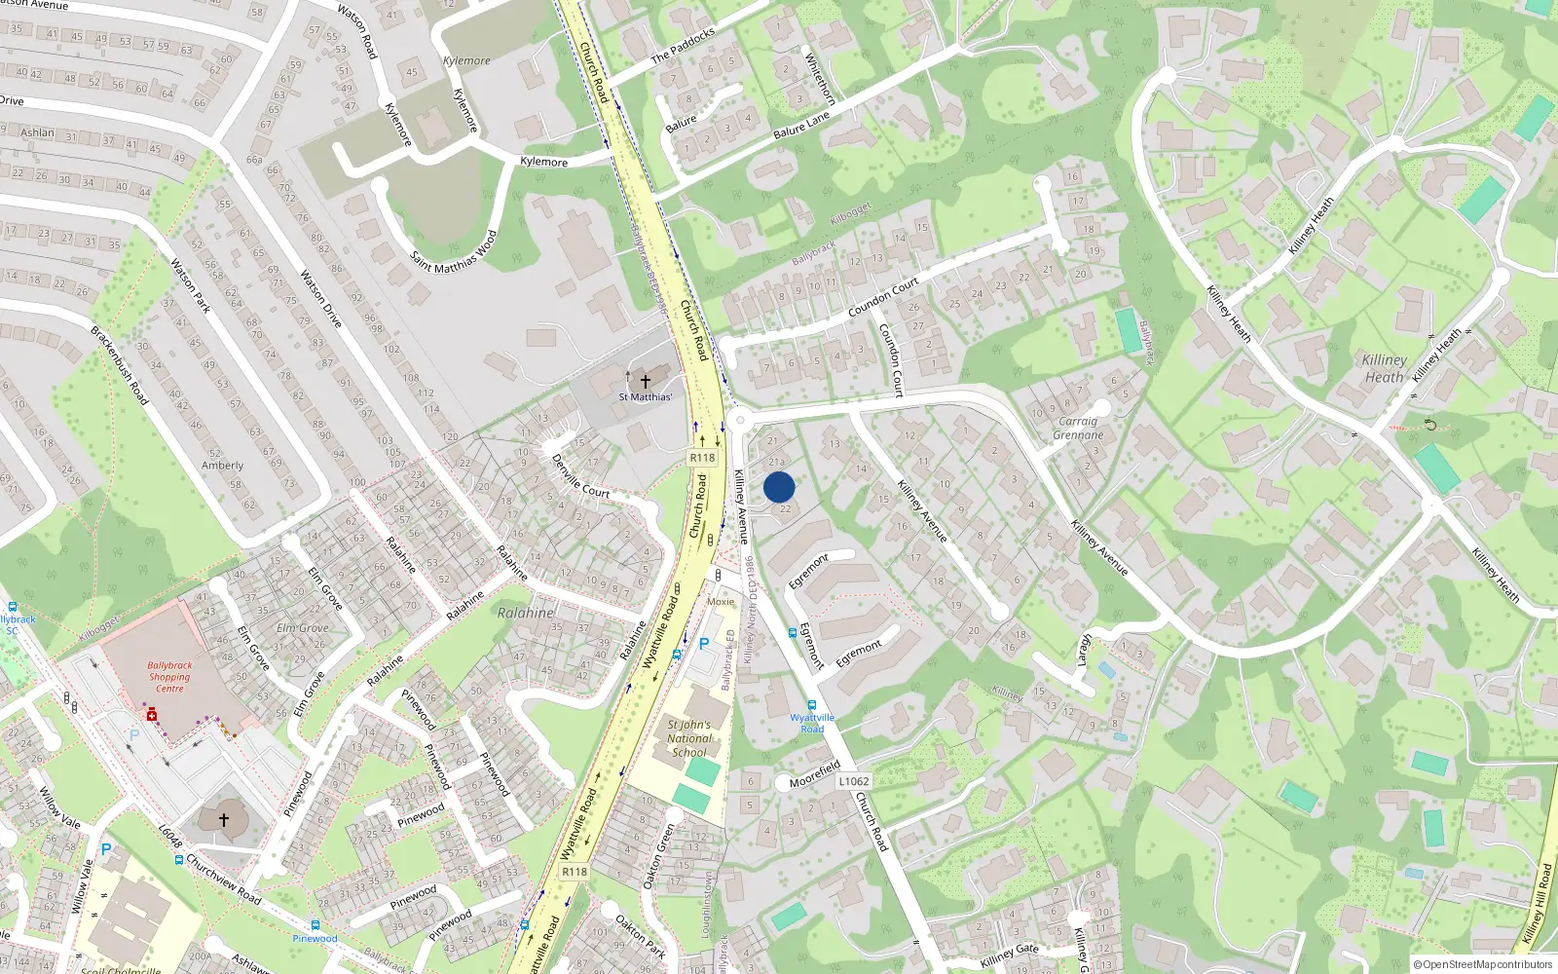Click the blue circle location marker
tap(779, 487)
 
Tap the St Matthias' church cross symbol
tap(645, 382)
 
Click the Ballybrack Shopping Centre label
tap(169, 677)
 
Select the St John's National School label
tap(689, 738)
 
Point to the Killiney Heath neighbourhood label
tap(1384, 368)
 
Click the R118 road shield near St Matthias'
tap(702, 457)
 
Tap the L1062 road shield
tap(853, 781)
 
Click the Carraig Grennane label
tap(1078, 429)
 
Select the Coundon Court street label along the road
tap(883, 298)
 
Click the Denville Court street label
tap(580, 476)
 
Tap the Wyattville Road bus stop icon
tap(811, 705)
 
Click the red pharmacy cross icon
tap(152, 715)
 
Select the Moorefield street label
tap(814, 775)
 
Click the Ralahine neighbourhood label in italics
tap(526, 613)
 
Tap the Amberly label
tap(222, 466)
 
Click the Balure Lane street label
tap(801, 125)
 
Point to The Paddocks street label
tap(683, 45)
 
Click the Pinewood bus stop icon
tap(315, 925)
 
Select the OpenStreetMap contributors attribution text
tap(1483, 965)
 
